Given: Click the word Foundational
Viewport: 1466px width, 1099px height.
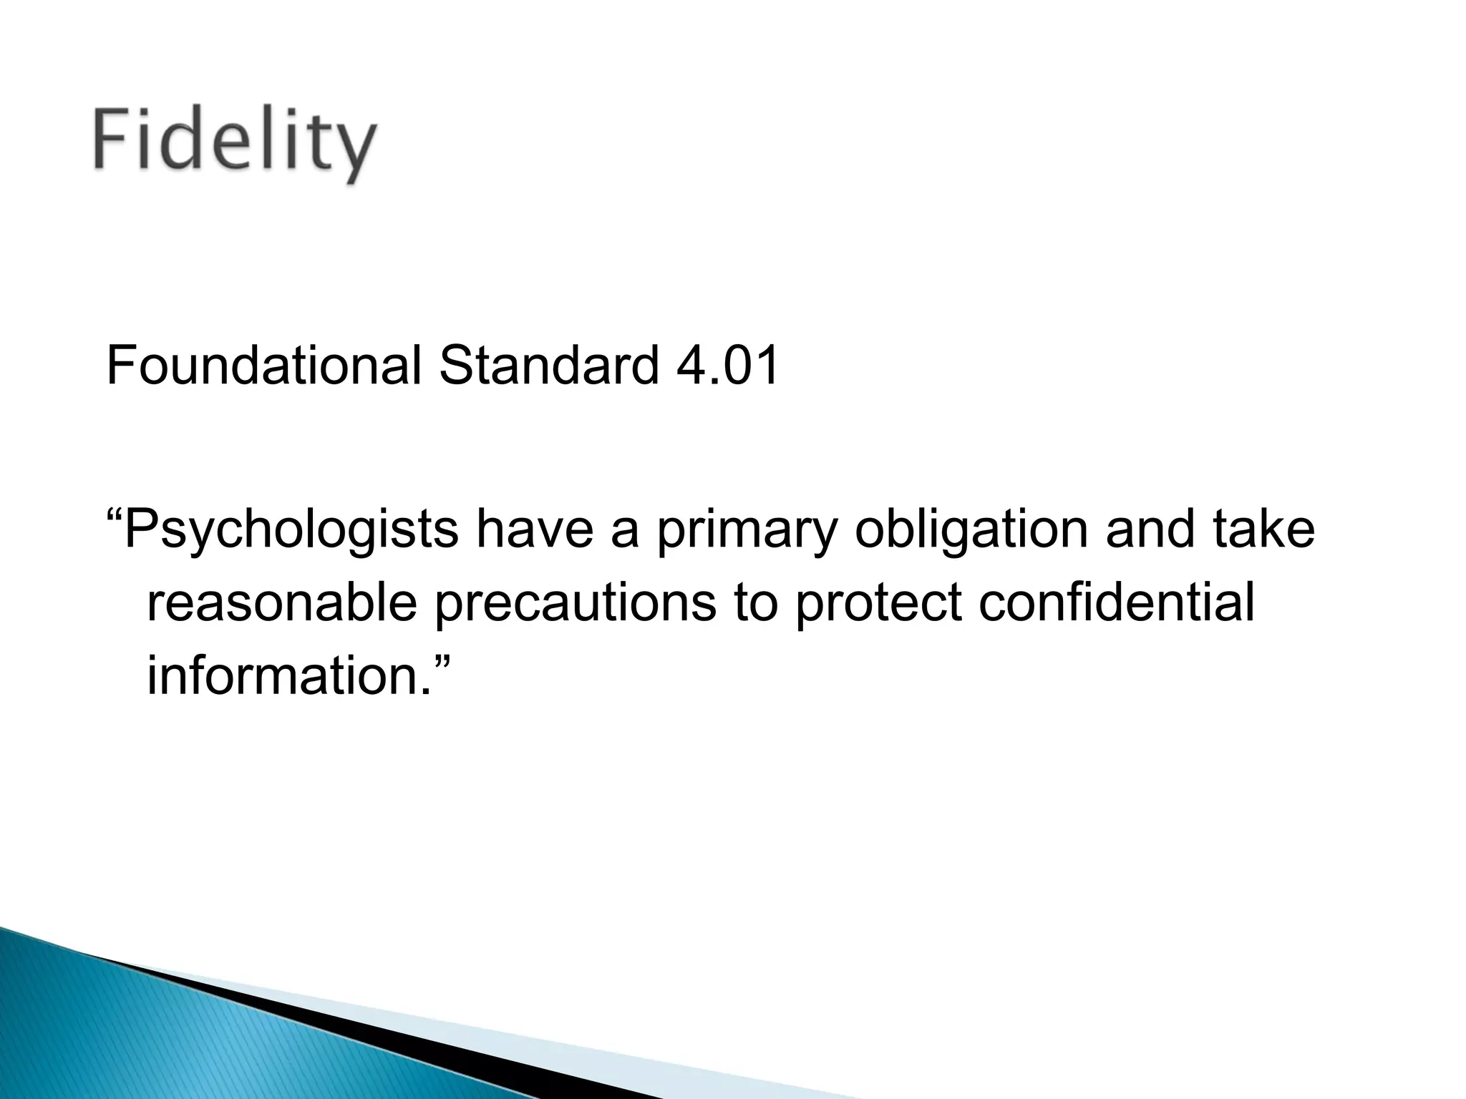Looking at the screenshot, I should (x=263, y=366).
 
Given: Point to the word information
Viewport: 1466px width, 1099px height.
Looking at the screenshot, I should (x=283, y=674).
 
